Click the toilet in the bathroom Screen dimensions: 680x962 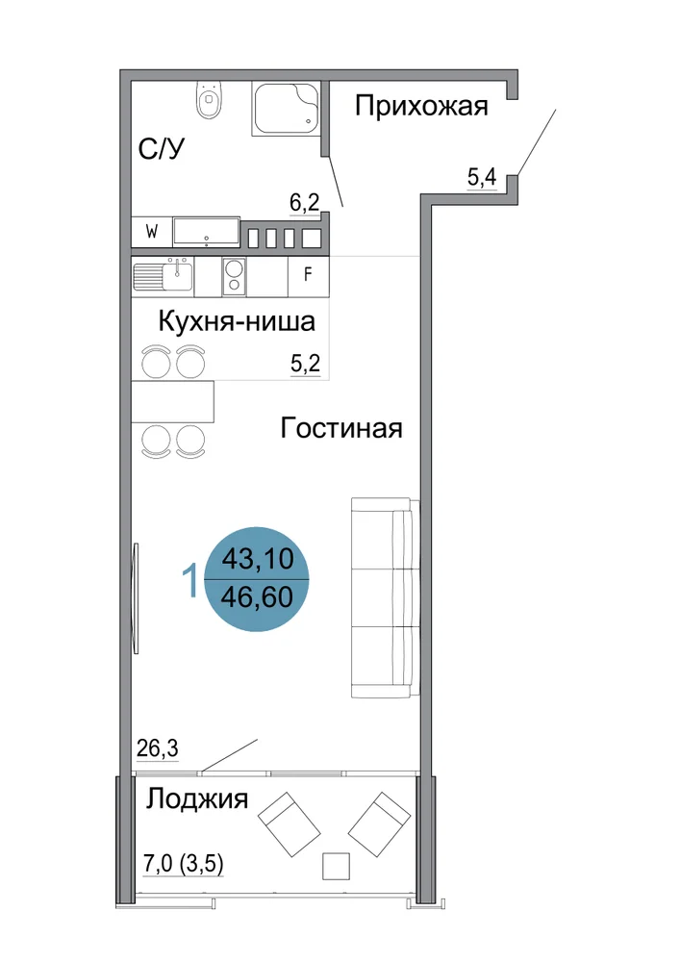click(209, 101)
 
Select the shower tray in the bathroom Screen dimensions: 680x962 click(286, 110)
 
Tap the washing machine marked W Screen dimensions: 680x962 click(151, 232)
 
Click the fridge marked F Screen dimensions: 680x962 click(309, 274)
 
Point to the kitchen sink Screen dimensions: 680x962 click(164, 276)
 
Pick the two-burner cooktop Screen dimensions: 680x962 click(234, 275)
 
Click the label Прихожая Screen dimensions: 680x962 click(422, 106)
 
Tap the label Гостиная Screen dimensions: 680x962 click(341, 428)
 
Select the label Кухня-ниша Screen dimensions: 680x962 click(237, 321)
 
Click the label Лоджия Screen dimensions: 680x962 click(197, 799)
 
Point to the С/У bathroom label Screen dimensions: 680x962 click(162, 148)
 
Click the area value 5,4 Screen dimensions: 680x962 click(482, 178)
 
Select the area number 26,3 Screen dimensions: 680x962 click(157, 748)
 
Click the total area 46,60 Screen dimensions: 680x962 click(257, 597)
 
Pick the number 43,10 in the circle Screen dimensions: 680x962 click(258, 559)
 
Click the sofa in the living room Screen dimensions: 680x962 click(385, 597)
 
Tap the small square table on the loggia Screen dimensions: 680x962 click(336, 866)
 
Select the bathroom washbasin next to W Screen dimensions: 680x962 click(206, 232)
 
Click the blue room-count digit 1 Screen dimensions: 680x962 click(190, 581)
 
